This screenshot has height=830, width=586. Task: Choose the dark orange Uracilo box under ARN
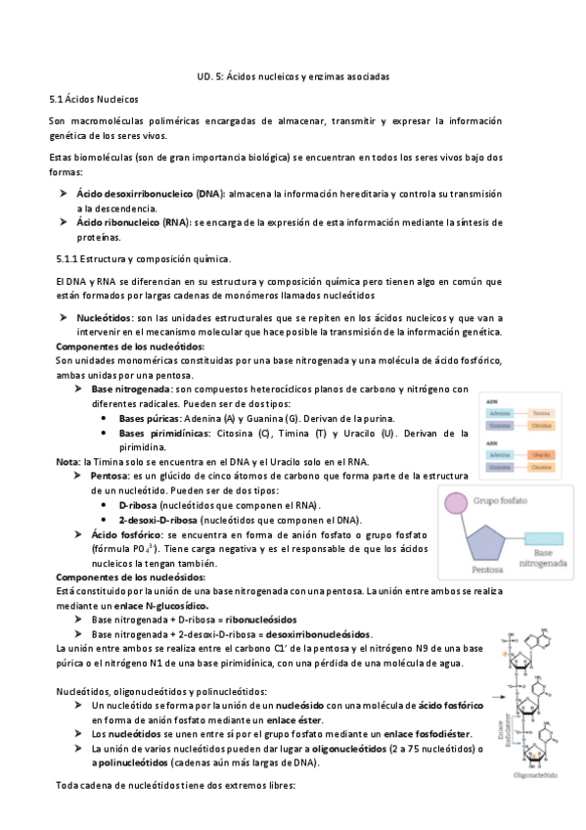pyautogui.click(x=542, y=455)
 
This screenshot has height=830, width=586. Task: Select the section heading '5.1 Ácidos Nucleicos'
pyautogui.click(x=94, y=99)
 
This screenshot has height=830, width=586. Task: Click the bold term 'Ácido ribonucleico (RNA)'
pyautogui.click(x=134, y=222)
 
